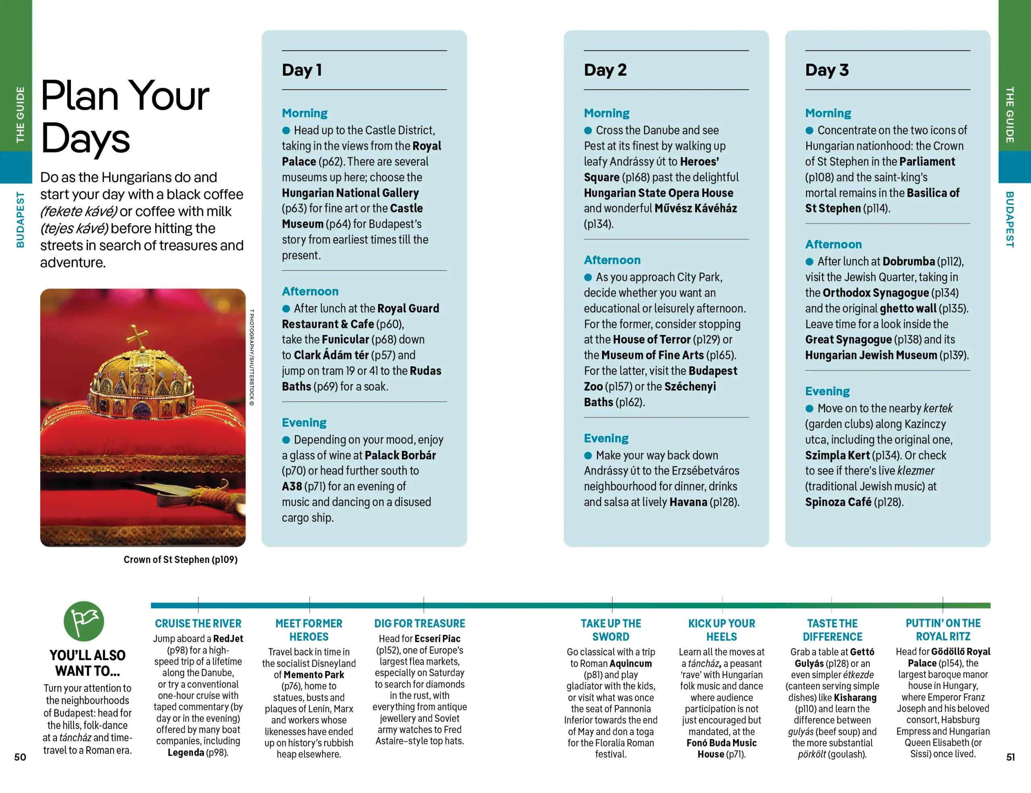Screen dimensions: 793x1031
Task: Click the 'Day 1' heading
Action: [x=302, y=70]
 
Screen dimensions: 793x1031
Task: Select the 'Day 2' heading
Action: [x=605, y=70]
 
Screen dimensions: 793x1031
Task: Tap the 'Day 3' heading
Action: [x=826, y=70]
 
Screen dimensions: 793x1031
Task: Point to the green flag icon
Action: [x=84, y=621]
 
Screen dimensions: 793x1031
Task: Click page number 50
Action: [x=20, y=757]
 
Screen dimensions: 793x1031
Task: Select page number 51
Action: [x=1010, y=757]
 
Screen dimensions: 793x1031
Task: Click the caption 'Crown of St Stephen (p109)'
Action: [x=180, y=560]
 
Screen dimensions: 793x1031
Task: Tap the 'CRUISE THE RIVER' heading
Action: [x=198, y=623]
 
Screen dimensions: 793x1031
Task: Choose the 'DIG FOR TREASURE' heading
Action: [x=419, y=623]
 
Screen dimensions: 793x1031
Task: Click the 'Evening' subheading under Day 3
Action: [x=827, y=391]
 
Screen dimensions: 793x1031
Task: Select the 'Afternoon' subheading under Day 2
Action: [x=612, y=260]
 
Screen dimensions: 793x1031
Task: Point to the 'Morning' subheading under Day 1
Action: [x=304, y=113]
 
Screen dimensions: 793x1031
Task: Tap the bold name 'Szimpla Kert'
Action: [x=837, y=455]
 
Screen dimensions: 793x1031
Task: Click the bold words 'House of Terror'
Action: [x=652, y=340]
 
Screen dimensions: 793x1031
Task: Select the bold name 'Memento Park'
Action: [x=313, y=675]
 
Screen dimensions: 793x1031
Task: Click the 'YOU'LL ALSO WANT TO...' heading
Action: [x=87, y=663]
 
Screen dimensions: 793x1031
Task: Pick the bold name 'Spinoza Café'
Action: [x=838, y=502]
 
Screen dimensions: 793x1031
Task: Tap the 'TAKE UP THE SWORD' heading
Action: [x=611, y=630]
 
